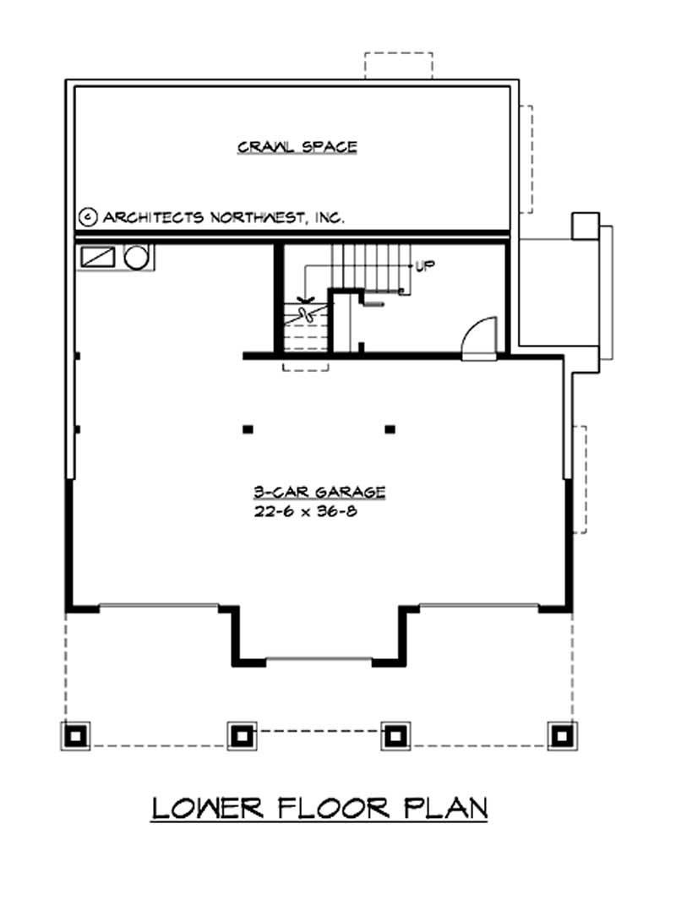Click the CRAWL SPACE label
pyautogui.click(x=297, y=147)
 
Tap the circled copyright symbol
pyautogui.click(x=87, y=217)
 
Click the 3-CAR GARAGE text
pyautogui.click(x=319, y=492)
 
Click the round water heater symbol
pyautogui.click(x=136, y=257)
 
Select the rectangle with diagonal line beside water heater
pyautogui.click(x=99, y=257)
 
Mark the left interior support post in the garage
pyautogui.click(x=248, y=429)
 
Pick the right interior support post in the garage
pyautogui.click(x=390, y=429)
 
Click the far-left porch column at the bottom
pyautogui.click(x=76, y=735)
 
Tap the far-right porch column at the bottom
pyautogui.click(x=559, y=735)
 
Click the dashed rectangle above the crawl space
pyautogui.click(x=398, y=66)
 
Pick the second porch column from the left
pyautogui.click(x=242, y=735)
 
